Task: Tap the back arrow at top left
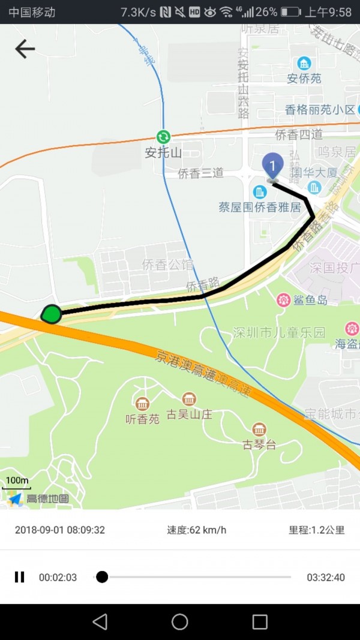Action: (25, 49)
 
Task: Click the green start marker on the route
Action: (52, 314)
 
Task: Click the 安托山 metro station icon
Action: (163, 137)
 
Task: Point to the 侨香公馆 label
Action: (167, 265)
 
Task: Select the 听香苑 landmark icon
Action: (142, 404)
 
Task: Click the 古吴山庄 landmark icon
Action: (189, 399)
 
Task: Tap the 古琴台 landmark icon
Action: (259, 429)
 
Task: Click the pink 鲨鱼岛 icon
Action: (283, 300)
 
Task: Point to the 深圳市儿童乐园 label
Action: (279, 332)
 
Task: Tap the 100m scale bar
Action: (17, 483)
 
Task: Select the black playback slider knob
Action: (102, 577)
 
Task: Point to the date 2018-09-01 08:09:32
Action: (60, 530)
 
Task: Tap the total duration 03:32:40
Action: (326, 578)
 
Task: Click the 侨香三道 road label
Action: (201, 173)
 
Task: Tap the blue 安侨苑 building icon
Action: (305, 63)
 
